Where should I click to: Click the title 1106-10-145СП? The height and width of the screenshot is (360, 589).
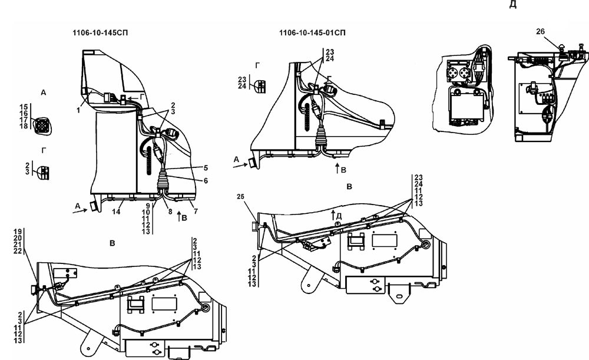(100, 33)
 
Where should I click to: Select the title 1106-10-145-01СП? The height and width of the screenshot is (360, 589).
(312, 33)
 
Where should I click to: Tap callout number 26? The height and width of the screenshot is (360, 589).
(540, 32)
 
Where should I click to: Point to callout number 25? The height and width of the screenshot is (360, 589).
(241, 197)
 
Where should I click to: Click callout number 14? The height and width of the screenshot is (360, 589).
(116, 212)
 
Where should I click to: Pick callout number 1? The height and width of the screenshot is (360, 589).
(78, 111)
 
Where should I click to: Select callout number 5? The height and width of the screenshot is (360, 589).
(206, 167)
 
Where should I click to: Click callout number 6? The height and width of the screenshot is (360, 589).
(206, 181)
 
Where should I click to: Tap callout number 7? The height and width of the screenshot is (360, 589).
(196, 211)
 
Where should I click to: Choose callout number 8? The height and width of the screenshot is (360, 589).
(170, 212)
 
